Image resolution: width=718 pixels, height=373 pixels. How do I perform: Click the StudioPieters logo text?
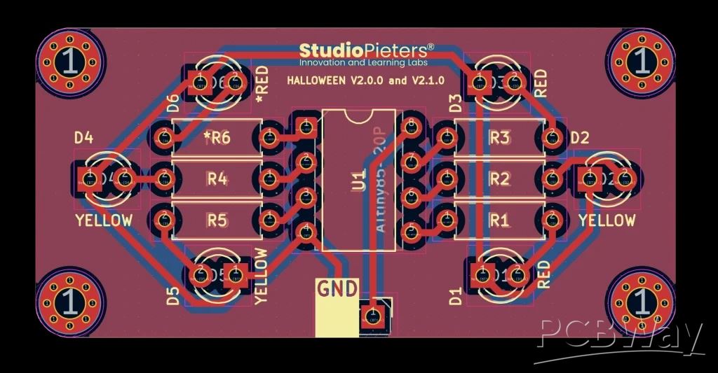[366, 50]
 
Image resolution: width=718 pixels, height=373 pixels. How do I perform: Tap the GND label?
[337, 288]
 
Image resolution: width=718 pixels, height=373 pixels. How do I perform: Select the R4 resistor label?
[217, 179]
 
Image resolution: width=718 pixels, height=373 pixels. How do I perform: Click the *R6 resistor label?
[217, 138]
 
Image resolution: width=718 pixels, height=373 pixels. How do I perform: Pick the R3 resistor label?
[499, 138]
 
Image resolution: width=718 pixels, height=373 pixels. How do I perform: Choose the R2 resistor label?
[499, 179]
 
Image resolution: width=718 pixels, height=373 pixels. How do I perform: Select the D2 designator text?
[579, 138]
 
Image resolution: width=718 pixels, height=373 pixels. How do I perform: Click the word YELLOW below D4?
[104, 220]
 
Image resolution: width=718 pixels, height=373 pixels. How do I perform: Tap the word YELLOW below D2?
[607, 220]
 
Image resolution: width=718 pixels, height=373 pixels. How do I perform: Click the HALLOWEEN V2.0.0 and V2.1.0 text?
[365, 80]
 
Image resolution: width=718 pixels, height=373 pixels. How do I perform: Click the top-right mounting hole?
[640, 62]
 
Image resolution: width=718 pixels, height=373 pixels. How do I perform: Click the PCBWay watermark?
[621, 338]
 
